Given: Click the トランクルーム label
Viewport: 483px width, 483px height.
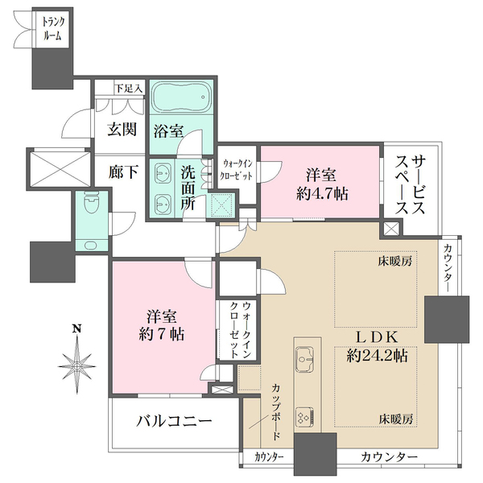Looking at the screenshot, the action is pyautogui.click(x=53, y=29).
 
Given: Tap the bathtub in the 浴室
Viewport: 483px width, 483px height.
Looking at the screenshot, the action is pyautogui.click(x=182, y=97).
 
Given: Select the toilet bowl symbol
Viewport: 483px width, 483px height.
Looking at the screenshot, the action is pyautogui.click(x=92, y=202).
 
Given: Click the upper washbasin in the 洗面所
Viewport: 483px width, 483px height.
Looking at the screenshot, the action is pyautogui.click(x=162, y=175).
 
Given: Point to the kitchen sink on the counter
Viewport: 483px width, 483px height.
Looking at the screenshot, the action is pyautogui.click(x=304, y=359).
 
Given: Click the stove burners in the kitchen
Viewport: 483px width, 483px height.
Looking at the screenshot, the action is pyautogui.click(x=305, y=416).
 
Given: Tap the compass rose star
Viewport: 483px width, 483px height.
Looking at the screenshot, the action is pyautogui.click(x=76, y=365).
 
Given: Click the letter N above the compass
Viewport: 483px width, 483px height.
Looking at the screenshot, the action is pyautogui.click(x=76, y=328).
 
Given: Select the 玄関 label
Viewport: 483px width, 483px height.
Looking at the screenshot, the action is pyautogui.click(x=122, y=130).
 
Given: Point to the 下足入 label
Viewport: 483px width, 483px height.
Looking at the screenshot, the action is pyautogui.click(x=129, y=89).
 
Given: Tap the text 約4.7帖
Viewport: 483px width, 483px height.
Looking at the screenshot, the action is pyautogui.click(x=322, y=194).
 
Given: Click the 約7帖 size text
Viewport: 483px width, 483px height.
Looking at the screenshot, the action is pyautogui.click(x=162, y=334).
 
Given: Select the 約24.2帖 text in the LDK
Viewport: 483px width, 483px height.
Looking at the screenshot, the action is pyautogui.click(x=377, y=356).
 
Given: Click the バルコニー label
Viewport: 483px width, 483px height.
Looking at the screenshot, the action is pyautogui.click(x=175, y=421).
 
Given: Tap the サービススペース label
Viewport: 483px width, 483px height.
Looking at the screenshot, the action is pyautogui.click(x=411, y=184).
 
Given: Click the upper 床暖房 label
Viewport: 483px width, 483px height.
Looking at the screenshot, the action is pyautogui.click(x=395, y=262).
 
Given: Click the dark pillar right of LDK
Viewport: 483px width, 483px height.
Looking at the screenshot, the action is pyautogui.click(x=447, y=320).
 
